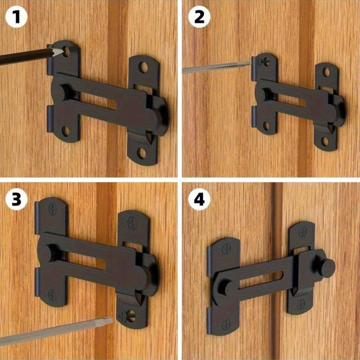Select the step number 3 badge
(16, 199)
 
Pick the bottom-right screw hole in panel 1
(142, 153)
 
